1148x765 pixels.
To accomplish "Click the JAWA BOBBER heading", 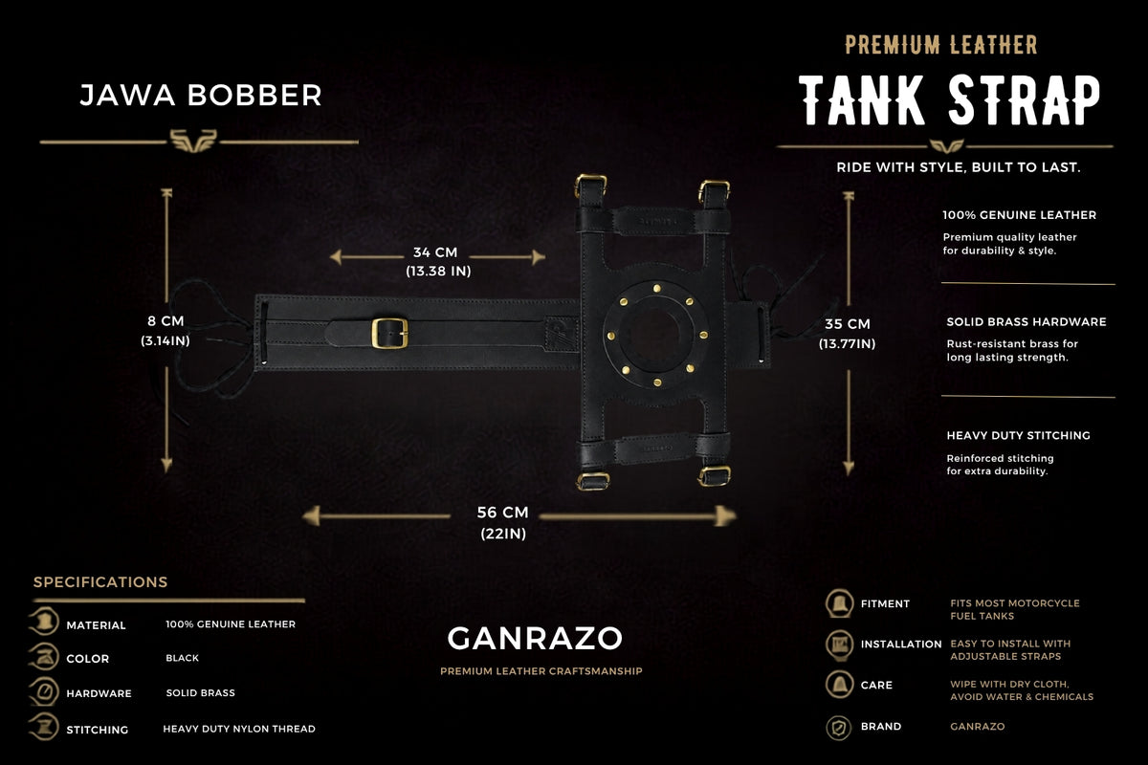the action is click(x=201, y=96).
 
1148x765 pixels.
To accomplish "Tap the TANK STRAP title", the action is click(x=949, y=99).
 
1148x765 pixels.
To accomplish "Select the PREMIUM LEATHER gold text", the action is click(x=941, y=45).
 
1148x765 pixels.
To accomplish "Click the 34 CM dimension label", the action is click(x=435, y=252).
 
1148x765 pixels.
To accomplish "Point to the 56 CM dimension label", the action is click(x=502, y=513).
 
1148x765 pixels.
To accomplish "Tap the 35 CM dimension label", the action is click(x=848, y=324).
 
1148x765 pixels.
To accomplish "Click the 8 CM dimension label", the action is click(x=166, y=321).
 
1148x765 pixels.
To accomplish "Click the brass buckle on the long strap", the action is click(x=389, y=333).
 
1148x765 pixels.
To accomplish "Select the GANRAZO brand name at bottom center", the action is click(x=535, y=639).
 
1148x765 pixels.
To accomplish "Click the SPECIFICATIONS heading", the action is click(x=100, y=582).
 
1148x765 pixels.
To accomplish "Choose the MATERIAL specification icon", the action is click(x=45, y=622).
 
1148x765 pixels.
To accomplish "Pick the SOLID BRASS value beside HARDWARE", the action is click(x=200, y=692).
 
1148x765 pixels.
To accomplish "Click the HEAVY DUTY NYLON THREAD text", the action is click(x=239, y=729).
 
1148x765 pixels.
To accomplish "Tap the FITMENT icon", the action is click(x=840, y=603).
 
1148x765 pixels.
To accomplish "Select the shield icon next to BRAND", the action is click(x=839, y=727).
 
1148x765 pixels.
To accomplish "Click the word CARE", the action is click(x=876, y=685).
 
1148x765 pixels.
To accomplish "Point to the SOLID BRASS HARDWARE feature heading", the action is click(x=1026, y=322).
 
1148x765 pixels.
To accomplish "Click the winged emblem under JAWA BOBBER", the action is click(x=193, y=141).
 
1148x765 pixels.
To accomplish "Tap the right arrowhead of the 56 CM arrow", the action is click(x=727, y=516).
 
